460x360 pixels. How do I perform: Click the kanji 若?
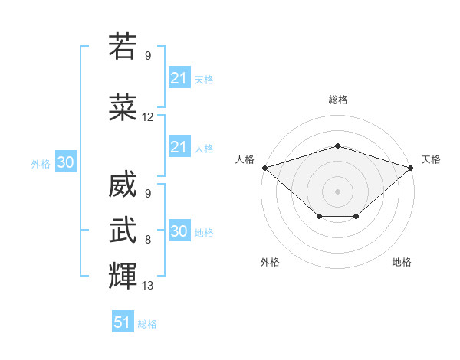pyautogui.click(x=123, y=46)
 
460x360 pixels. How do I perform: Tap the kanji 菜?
pyautogui.click(x=123, y=107)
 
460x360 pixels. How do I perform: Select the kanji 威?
pyautogui.click(x=123, y=184)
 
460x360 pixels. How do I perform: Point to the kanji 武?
pyautogui.click(x=123, y=230)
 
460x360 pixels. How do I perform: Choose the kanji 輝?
pyautogui.click(x=123, y=276)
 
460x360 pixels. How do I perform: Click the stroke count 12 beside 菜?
pyautogui.click(x=147, y=117)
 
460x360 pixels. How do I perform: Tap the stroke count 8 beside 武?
pyautogui.click(x=148, y=240)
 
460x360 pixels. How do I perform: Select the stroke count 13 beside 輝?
pyautogui.click(x=147, y=285)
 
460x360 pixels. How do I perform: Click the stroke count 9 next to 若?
pyautogui.click(x=148, y=55)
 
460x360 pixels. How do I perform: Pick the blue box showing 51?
pyautogui.click(x=123, y=321)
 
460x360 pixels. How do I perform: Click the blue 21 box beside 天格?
pyautogui.click(x=180, y=77)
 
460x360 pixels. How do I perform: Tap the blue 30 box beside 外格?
pyautogui.click(x=66, y=162)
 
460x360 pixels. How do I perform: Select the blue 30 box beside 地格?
pyautogui.click(x=180, y=230)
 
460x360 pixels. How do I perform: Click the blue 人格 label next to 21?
pyautogui.click(x=204, y=149)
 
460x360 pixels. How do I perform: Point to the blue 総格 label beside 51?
pyautogui.click(x=147, y=324)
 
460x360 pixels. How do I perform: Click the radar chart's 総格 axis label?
pyautogui.click(x=338, y=100)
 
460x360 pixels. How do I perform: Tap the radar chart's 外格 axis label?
pyautogui.click(x=270, y=262)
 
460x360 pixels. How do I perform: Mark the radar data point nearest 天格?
pyautogui.click(x=411, y=168)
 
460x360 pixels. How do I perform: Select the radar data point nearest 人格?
pyautogui.click(x=265, y=168)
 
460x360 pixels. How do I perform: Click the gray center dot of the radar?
pyautogui.click(x=337, y=191)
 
